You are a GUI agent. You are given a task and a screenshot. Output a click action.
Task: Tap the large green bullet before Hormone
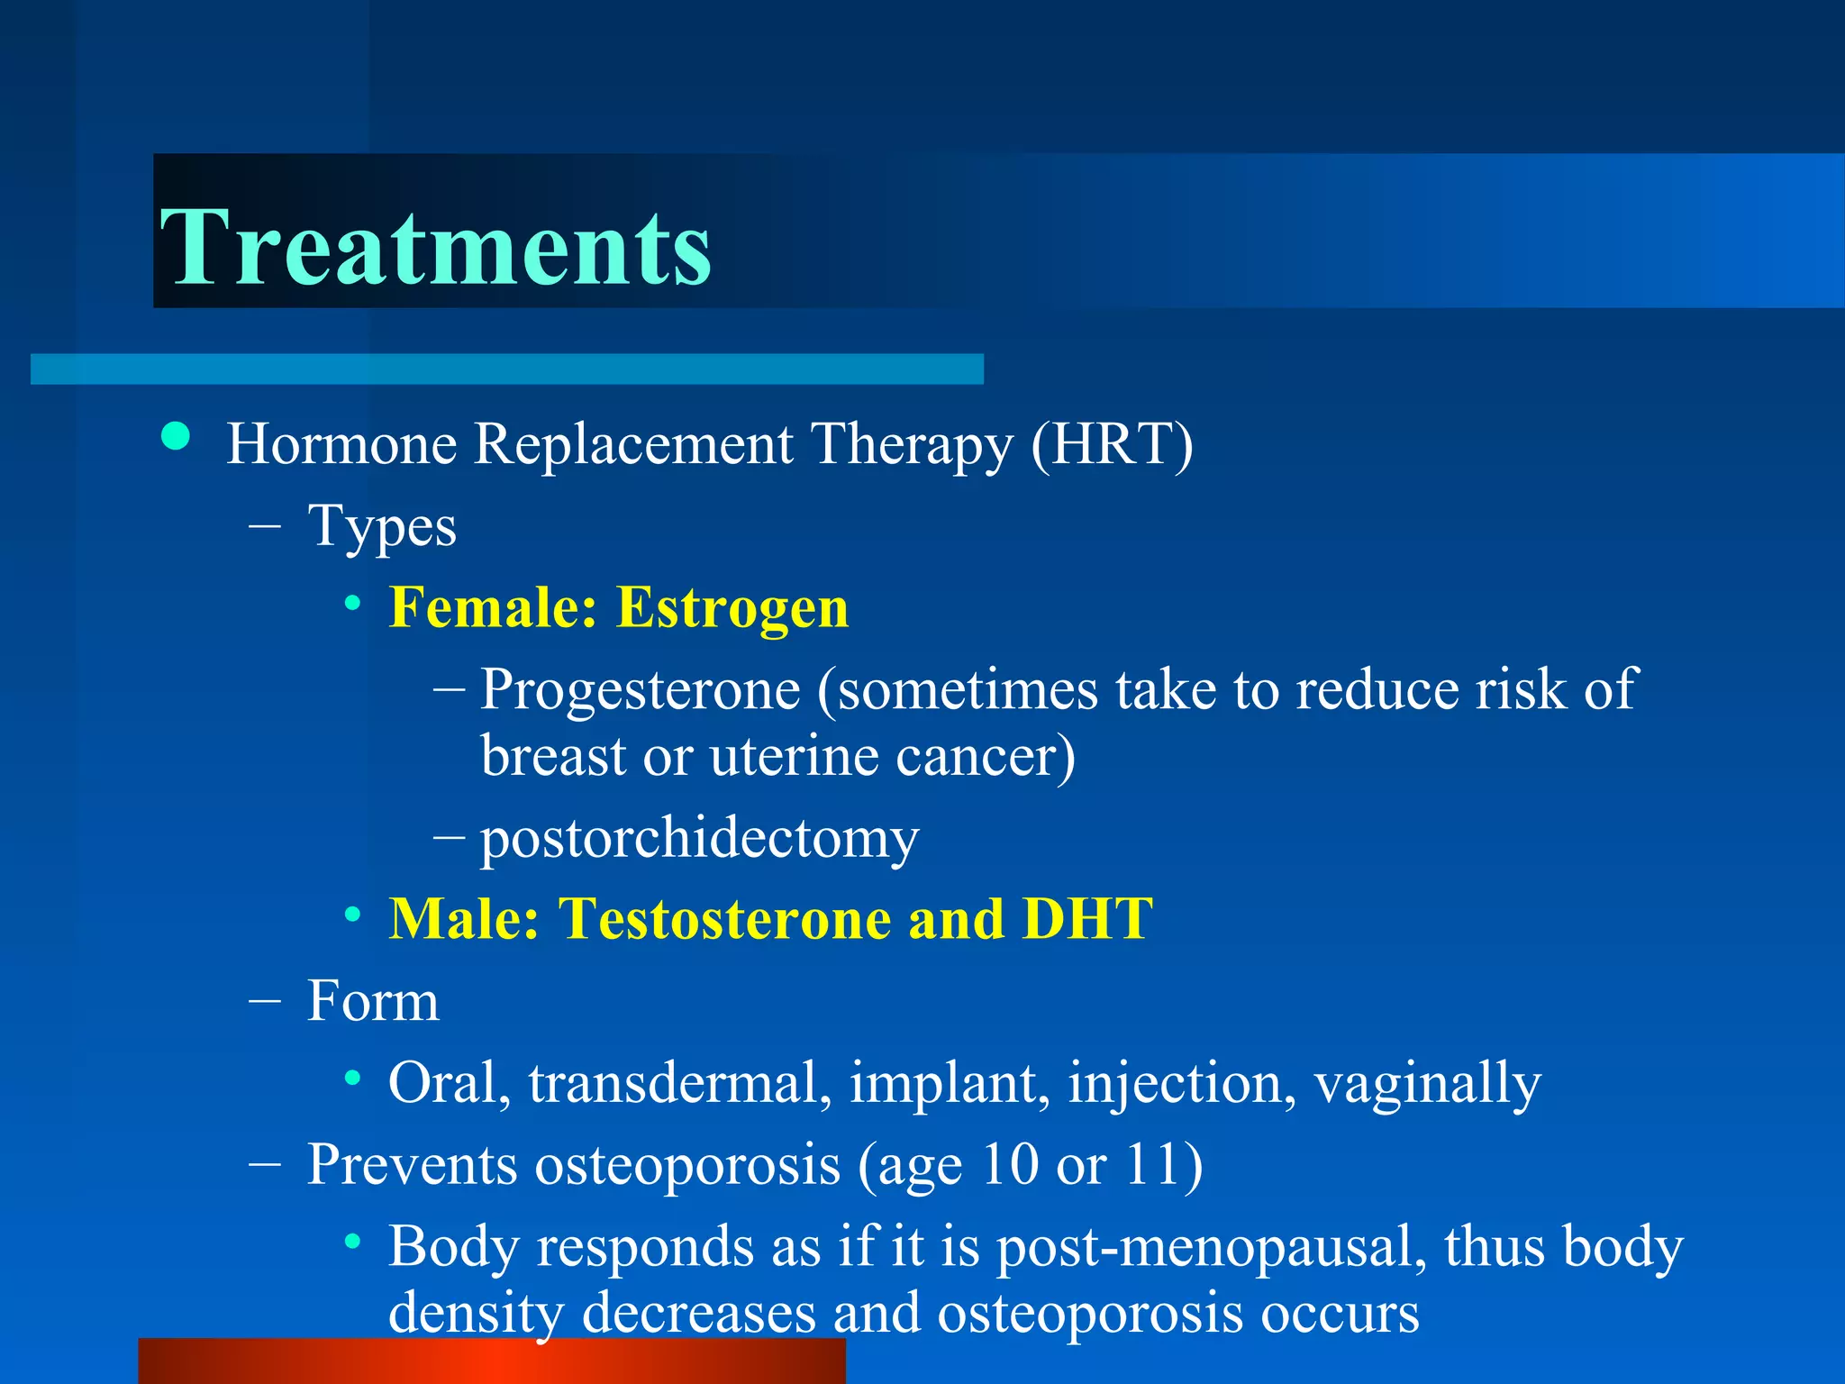[x=177, y=437]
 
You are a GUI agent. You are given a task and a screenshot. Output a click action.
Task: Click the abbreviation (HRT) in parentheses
[x=1112, y=444]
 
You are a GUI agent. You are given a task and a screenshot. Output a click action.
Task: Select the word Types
[x=382, y=527]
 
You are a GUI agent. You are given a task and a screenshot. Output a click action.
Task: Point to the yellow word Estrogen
[x=732, y=608]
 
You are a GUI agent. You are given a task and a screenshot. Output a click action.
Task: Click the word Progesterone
[x=640, y=690]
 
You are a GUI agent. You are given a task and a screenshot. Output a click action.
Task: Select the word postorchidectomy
[x=699, y=838]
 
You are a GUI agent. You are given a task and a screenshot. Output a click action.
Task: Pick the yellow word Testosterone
[x=724, y=920]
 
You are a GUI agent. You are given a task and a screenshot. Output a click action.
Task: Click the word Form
[x=373, y=1002]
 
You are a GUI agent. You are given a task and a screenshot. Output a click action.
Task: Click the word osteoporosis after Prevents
[x=688, y=1165]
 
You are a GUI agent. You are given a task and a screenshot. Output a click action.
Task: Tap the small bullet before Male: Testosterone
[x=353, y=915]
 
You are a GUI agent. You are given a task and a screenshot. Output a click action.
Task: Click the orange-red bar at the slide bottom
[x=492, y=1361]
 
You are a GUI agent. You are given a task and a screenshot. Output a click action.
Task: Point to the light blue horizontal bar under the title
[x=506, y=369]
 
